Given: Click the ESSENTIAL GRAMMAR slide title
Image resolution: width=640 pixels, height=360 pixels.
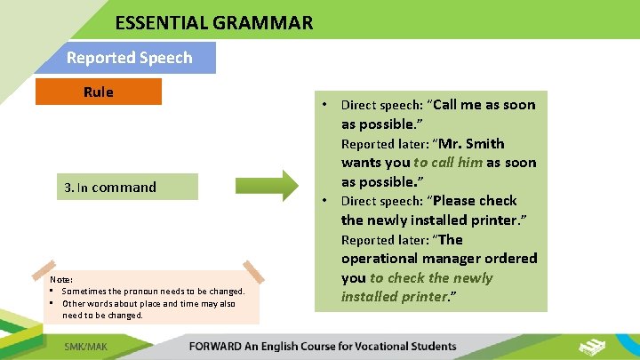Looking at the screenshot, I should point(213,22).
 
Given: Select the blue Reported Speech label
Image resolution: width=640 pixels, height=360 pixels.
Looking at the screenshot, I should point(129,58).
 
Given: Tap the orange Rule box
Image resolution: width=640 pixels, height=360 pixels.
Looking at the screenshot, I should point(99,92).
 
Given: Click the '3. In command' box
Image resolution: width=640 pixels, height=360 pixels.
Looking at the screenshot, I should point(111,187).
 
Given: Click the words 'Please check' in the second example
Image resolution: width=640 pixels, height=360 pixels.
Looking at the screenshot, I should point(475,201).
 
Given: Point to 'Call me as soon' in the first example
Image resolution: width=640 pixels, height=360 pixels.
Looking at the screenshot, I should point(484,105).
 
